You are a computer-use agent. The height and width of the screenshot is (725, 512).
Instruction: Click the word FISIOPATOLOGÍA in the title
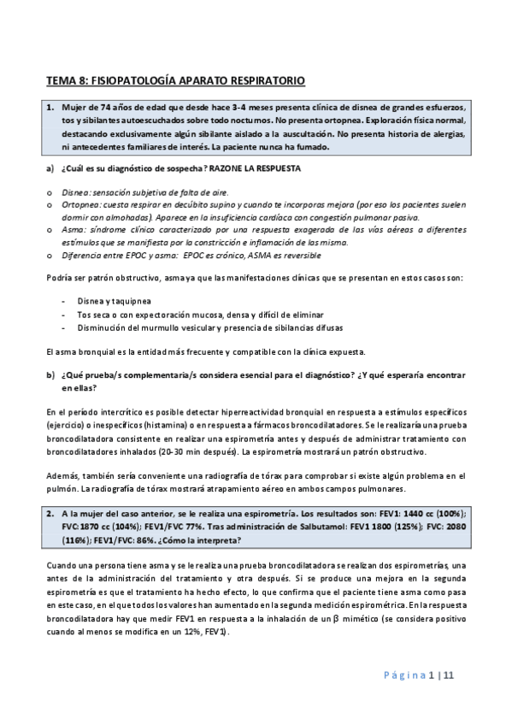point(132,82)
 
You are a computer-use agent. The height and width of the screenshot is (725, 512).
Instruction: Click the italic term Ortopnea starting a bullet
point(79,205)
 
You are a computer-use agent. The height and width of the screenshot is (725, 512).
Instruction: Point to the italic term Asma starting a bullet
point(72,232)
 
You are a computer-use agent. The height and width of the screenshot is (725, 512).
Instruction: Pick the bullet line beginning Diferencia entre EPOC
point(191,256)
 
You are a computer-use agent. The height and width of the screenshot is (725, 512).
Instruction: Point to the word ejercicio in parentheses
point(65,426)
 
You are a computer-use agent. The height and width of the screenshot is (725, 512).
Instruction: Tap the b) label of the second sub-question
point(50,375)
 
